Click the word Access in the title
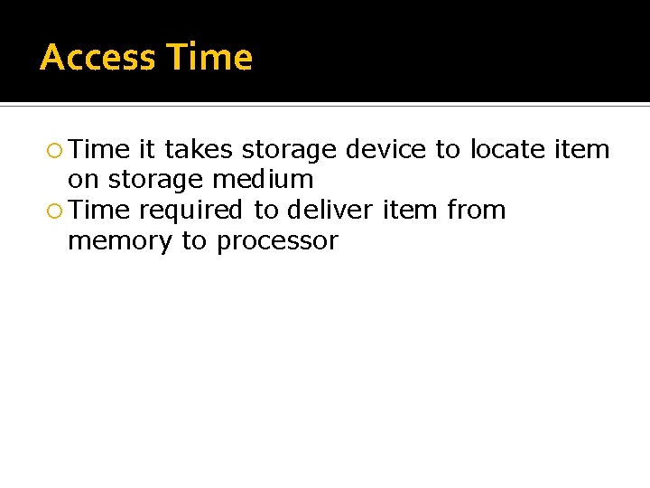click(97, 58)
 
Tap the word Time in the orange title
click(210, 58)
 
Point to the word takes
click(199, 149)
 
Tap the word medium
click(263, 180)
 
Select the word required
click(191, 211)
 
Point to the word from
click(476, 211)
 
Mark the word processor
click(277, 241)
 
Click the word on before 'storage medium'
click(83, 180)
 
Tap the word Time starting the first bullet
click(99, 149)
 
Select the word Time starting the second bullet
click(99, 211)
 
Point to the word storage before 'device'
click(290, 149)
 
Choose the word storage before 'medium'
click(157, 180)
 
